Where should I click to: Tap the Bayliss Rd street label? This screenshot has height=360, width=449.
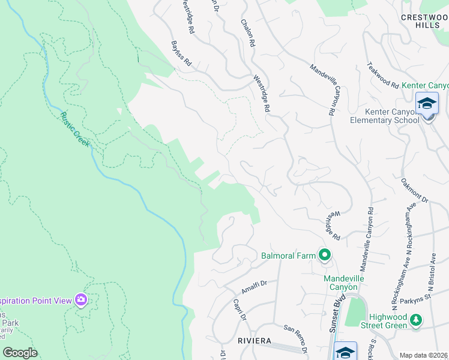(180, 53)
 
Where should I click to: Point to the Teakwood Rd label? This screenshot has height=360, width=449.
(382, 76)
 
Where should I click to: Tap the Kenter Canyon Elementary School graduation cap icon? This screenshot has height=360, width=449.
(427, 104)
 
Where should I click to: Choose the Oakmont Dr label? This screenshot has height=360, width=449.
(415, 190)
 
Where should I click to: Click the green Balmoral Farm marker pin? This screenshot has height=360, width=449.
(325, 256)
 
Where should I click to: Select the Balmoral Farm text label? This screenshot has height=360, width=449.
(288, 256)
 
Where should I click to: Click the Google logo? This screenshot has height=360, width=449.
(20, 353)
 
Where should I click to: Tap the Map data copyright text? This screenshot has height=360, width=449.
(423, 355)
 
